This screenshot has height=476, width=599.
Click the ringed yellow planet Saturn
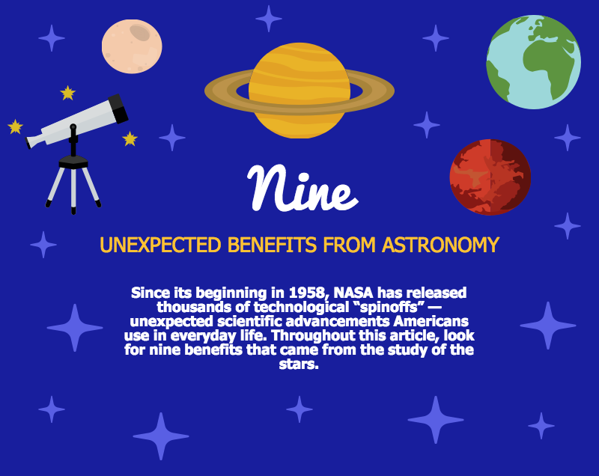299,91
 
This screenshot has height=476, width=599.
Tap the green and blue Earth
534,62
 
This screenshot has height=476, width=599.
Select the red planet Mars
490,177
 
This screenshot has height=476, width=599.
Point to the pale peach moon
132,46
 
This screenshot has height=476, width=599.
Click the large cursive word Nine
302,188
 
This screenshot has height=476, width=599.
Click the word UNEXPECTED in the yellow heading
160,245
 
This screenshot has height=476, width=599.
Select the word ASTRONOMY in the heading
441,245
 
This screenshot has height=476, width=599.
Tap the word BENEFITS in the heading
272,245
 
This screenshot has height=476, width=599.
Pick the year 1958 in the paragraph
309,293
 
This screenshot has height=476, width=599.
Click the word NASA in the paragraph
353,293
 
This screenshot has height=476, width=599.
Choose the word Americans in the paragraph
431,321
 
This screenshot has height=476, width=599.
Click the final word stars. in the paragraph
299,364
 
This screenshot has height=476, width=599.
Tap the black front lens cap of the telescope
118,109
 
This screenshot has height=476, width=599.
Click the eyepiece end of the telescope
28,143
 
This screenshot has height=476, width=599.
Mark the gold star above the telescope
67,93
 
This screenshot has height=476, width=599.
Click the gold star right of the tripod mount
130,138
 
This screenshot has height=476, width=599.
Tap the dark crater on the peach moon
139,32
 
